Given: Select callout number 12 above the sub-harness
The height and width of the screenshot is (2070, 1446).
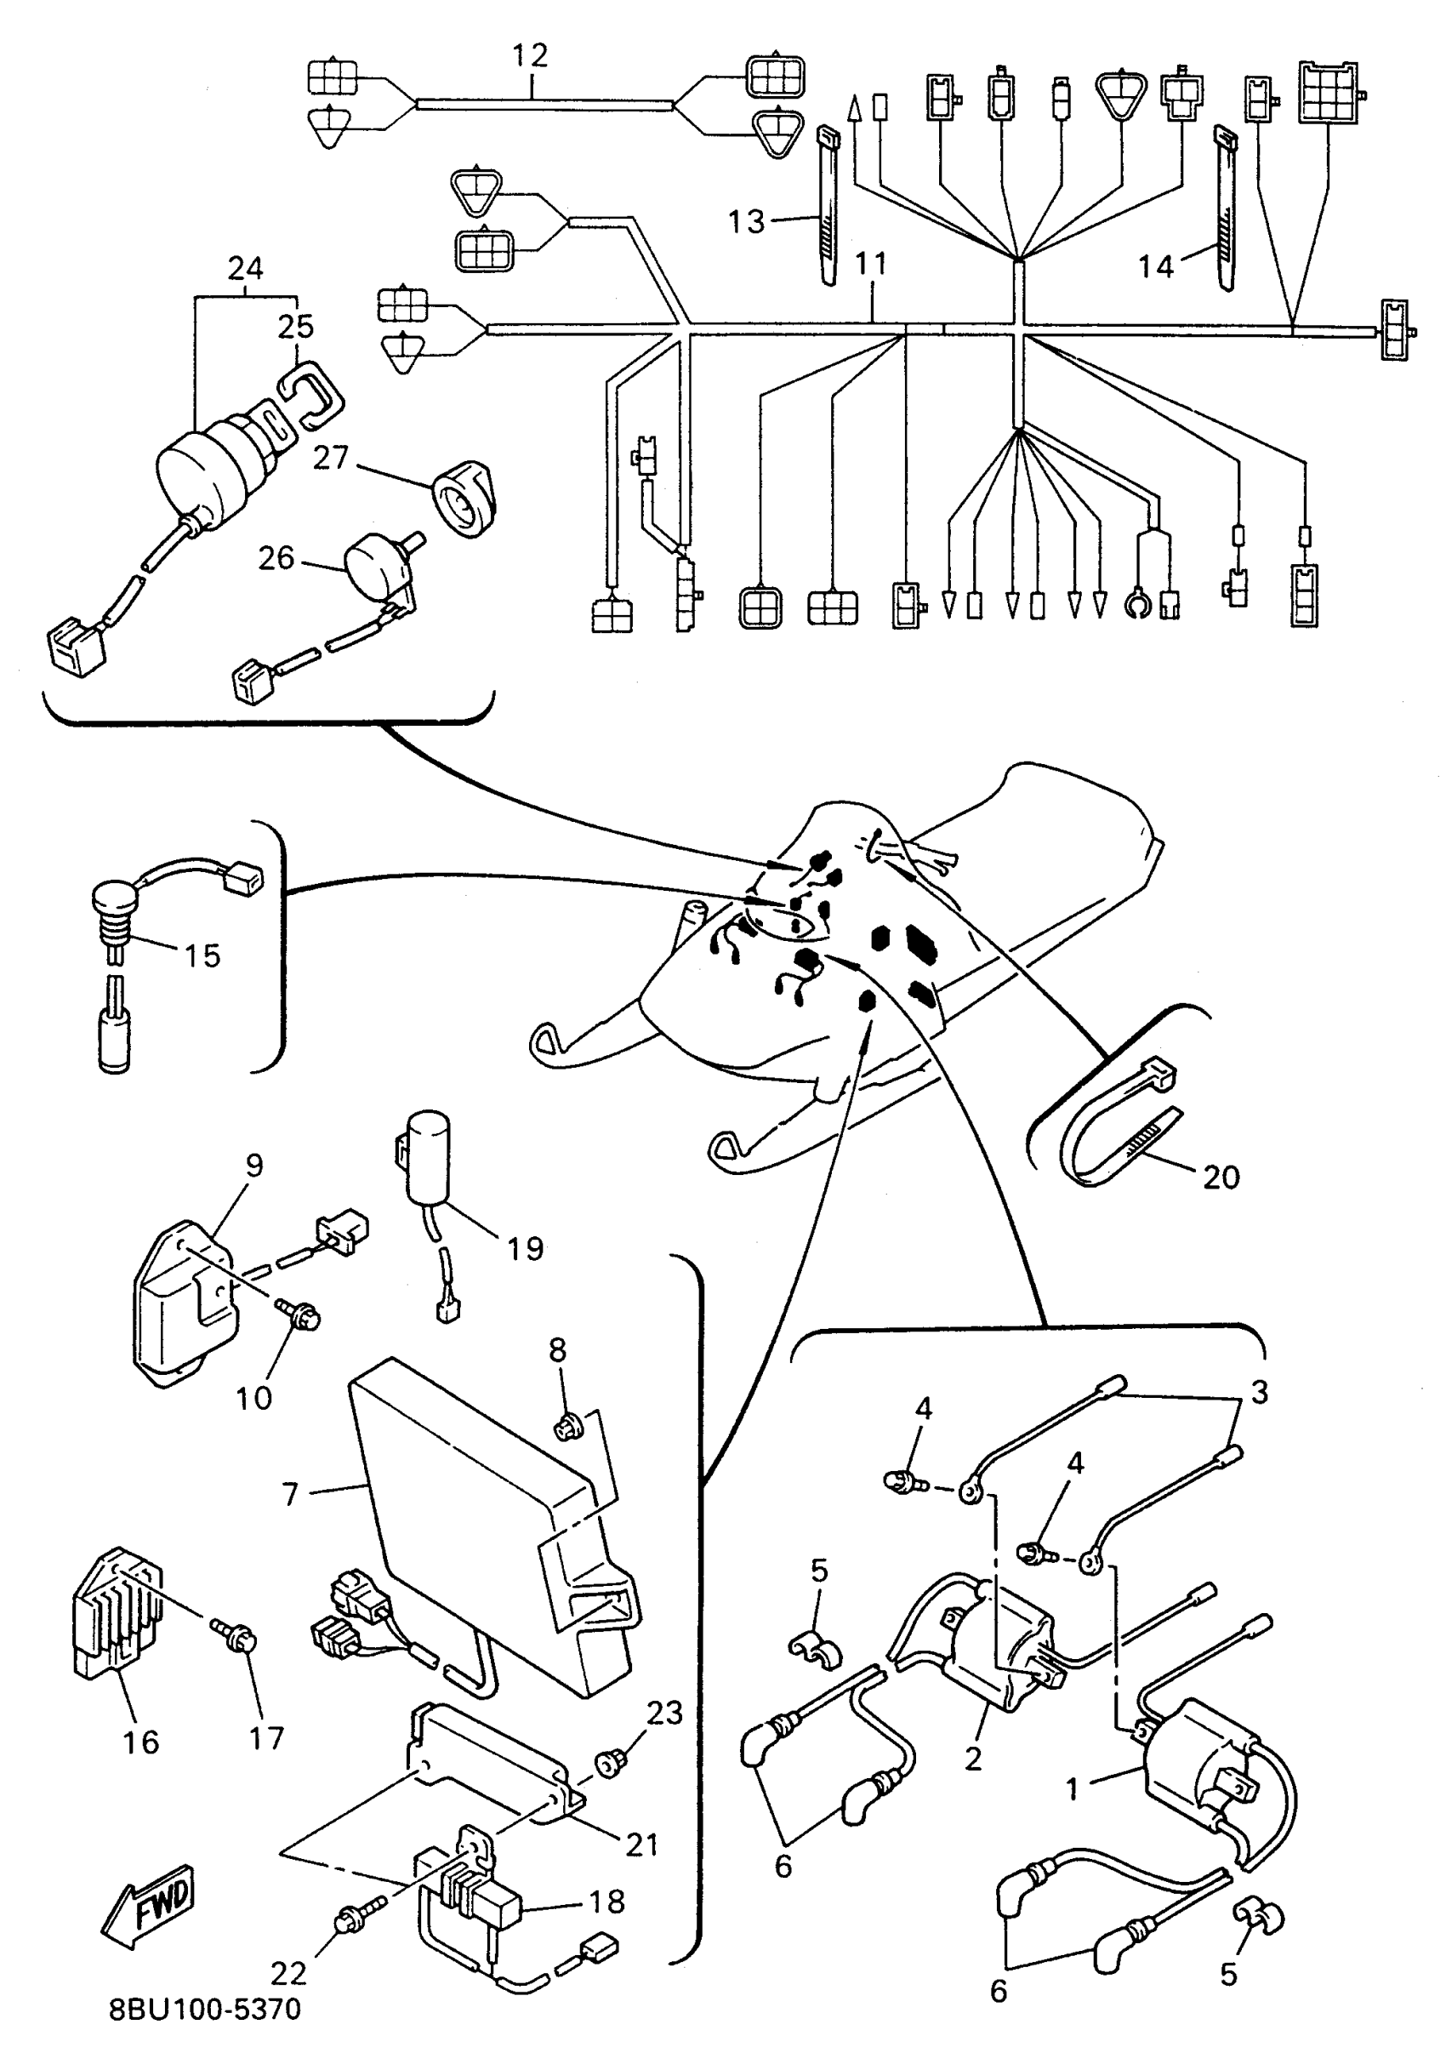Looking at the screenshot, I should pyautogui.click(x=530, y=56).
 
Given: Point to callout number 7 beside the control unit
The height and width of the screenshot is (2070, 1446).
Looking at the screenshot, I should pyautogui.click(x=290, y=1494).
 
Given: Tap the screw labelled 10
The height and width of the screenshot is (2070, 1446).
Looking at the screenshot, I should pyautogui.click(x=304, y=1317).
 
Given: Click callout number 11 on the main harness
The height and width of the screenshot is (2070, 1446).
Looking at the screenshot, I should pyautogui.click(x=871, y=264).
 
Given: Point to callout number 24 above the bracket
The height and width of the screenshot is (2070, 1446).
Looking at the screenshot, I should pyautogui.click(x=245, y=268).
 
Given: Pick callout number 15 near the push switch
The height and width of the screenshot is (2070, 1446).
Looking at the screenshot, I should pyautogui.click(x=202, y=955).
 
